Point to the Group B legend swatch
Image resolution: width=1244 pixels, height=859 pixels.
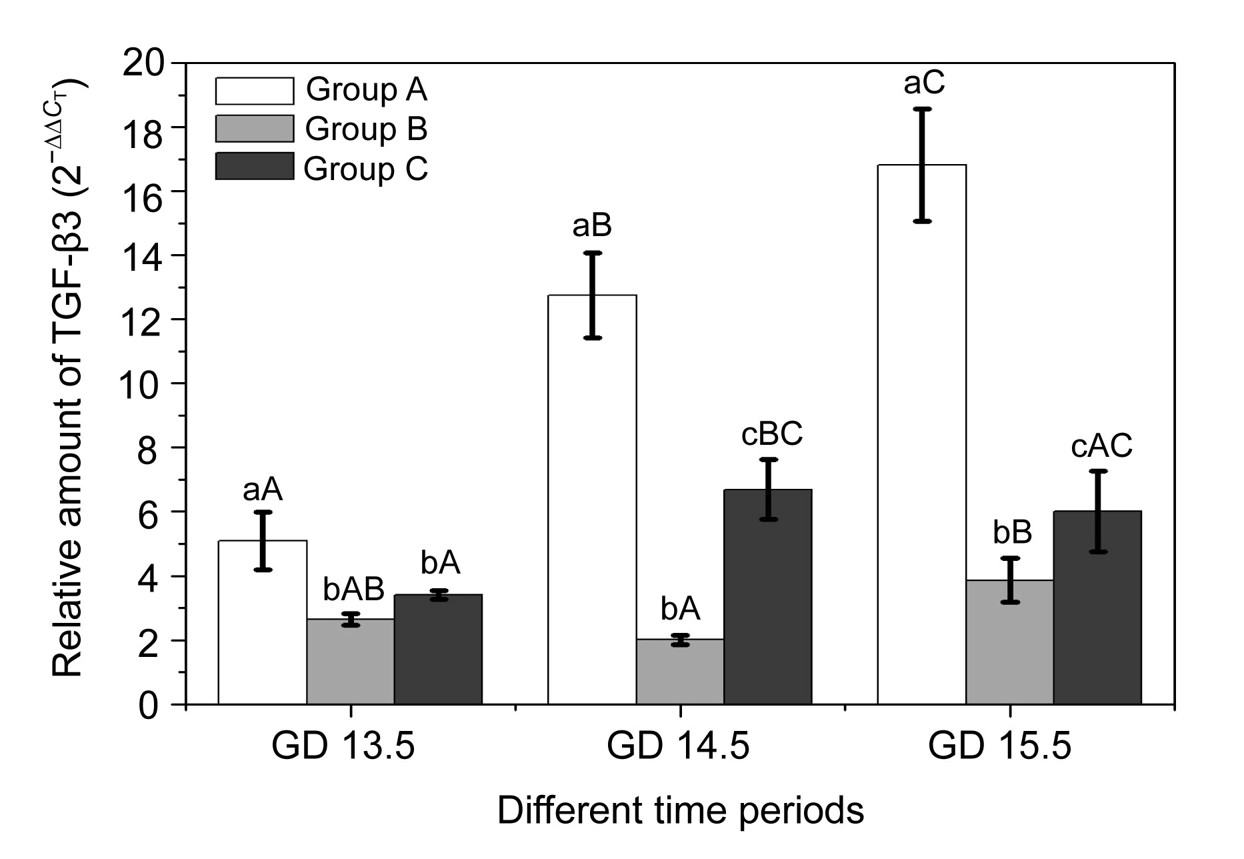point(254,129)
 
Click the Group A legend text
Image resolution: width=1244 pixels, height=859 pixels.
point(366,90)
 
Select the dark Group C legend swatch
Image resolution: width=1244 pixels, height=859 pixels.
point(254,167)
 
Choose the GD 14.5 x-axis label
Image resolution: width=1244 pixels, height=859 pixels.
point(678,746)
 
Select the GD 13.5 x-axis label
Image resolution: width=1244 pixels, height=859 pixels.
point(343,746)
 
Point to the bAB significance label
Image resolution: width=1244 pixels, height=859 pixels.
point(353,590)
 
